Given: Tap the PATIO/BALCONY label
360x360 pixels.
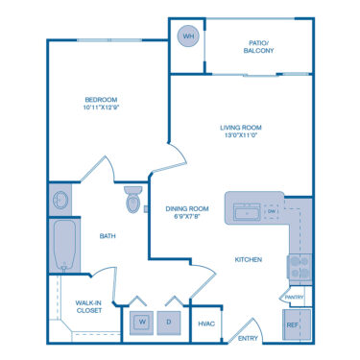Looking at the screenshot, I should click(259, 45).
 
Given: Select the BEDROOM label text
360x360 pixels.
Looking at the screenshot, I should click(100, 100).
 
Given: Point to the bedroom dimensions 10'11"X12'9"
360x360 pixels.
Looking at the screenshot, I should click(100, 108).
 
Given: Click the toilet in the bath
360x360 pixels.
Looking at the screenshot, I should click(133, 200).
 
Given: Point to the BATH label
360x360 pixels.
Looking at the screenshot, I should click(108, 236).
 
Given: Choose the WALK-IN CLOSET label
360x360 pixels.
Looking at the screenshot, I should click(88, 306).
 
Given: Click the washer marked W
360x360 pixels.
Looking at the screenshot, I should click(140, 321).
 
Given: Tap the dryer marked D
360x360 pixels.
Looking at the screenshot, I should click(170, 321).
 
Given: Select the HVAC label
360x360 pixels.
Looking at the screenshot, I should click(205, 324).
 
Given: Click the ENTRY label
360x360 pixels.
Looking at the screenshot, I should click(248, 338).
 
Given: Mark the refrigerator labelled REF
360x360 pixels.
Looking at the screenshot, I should click(293, 325).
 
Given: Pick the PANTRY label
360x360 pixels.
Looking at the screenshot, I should click(294, 298).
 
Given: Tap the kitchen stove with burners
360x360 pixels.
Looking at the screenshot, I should click(299, 266).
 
